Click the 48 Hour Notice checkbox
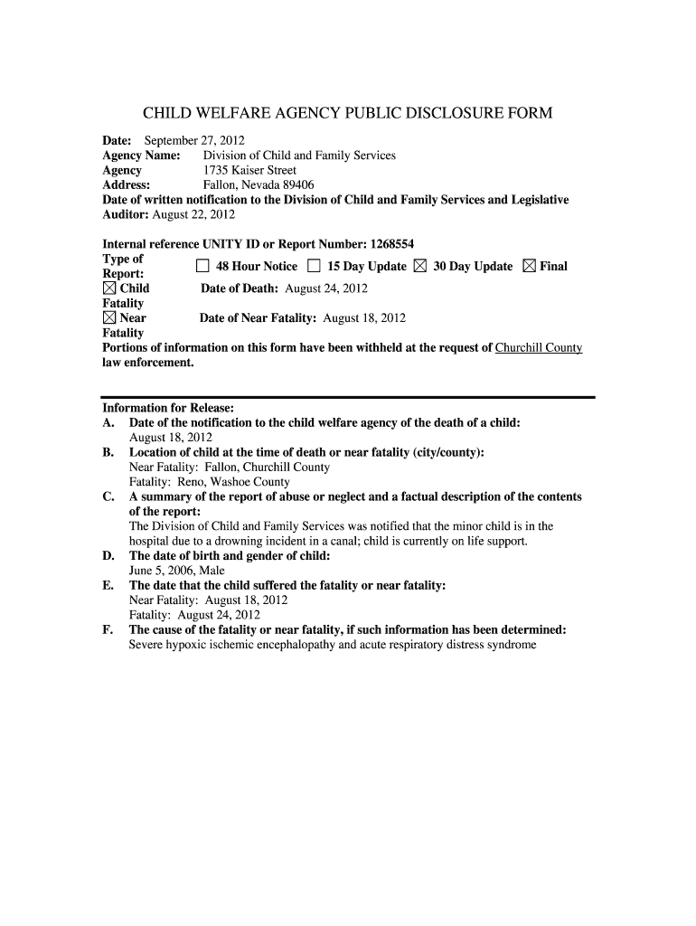(202, 267)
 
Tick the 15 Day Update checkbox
(314, 267)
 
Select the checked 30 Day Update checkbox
(420, 267)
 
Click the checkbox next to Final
(530, 267)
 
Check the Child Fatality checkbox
(109, 288)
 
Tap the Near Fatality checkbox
(109, 318)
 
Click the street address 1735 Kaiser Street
(249, 170)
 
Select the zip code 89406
(296, 184)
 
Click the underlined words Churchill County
(539, 347)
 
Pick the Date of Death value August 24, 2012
(326, 288)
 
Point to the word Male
(212, 571)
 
